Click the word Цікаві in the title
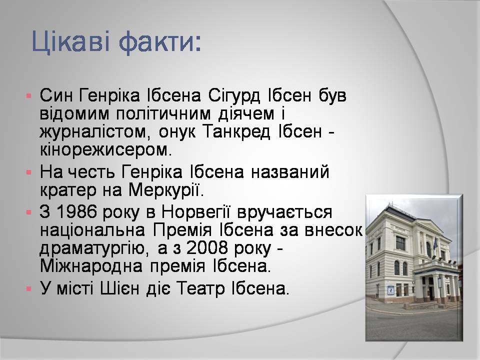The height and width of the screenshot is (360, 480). coord(70,41)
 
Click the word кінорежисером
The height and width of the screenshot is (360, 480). coord(105,150)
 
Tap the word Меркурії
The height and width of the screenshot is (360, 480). coord(166,190)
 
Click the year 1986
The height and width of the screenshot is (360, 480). coord(74,211)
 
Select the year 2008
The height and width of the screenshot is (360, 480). coord(207,248)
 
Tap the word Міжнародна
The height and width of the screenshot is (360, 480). coord(91,266)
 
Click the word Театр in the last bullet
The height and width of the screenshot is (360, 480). coord(201,288)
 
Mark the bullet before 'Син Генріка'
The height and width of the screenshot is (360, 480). coord(29,96)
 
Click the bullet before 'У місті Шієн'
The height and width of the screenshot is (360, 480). coord(29,289)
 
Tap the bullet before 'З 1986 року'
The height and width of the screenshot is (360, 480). coord(29,212)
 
